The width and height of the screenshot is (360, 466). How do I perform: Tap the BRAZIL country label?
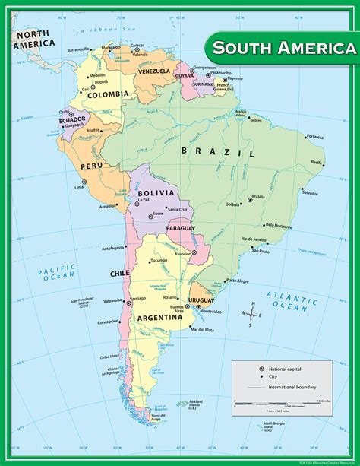(217, 152)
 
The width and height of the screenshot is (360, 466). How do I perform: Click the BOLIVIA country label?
(156, 194)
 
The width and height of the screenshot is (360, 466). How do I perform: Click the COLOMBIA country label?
(108, 95)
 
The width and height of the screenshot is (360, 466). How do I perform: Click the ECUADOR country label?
(72, 119)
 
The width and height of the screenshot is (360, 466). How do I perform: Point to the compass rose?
(251, 314)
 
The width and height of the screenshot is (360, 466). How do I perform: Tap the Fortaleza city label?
(314, 137)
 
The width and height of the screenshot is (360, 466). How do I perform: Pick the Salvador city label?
(309, 192)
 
